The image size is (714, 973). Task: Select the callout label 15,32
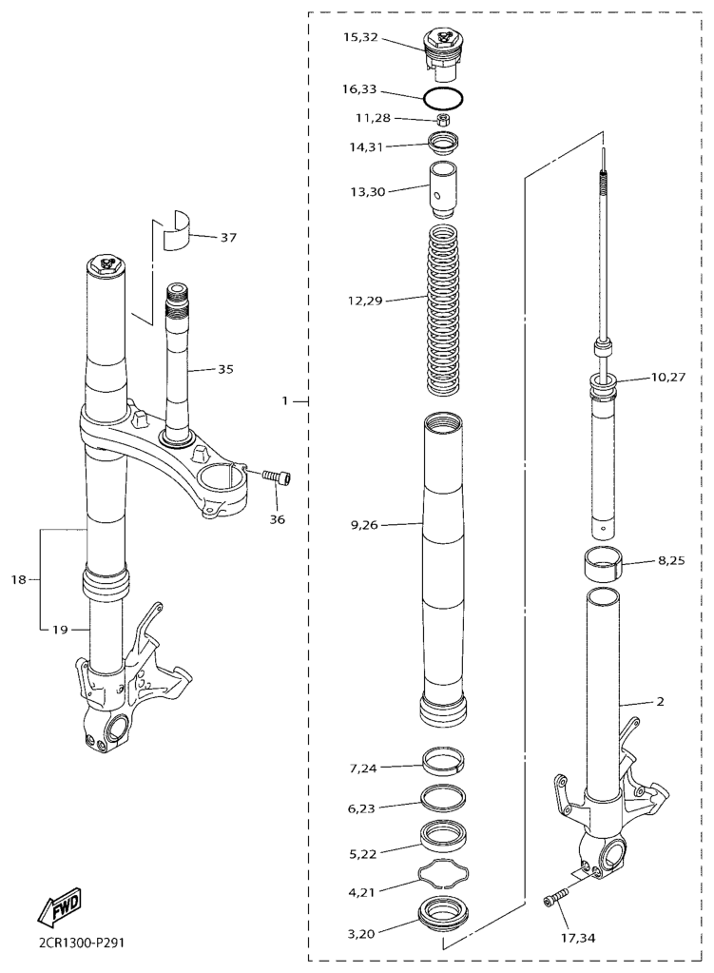coord(360,36)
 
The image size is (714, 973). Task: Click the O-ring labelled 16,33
coord(444,97)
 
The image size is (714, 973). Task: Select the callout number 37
coord(228,237)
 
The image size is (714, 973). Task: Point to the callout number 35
coord(225,369)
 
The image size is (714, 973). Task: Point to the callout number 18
coord(19,579)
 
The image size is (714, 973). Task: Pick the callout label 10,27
coord(668,377)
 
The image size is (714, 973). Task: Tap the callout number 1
coord(285,400)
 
